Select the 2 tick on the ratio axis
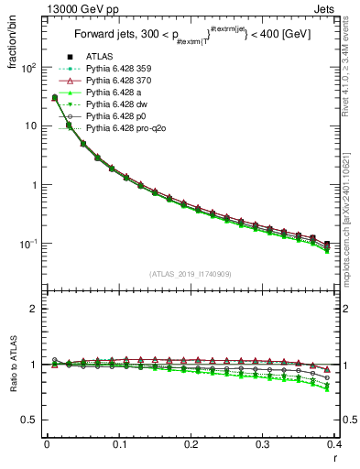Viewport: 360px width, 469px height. point(37,310)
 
